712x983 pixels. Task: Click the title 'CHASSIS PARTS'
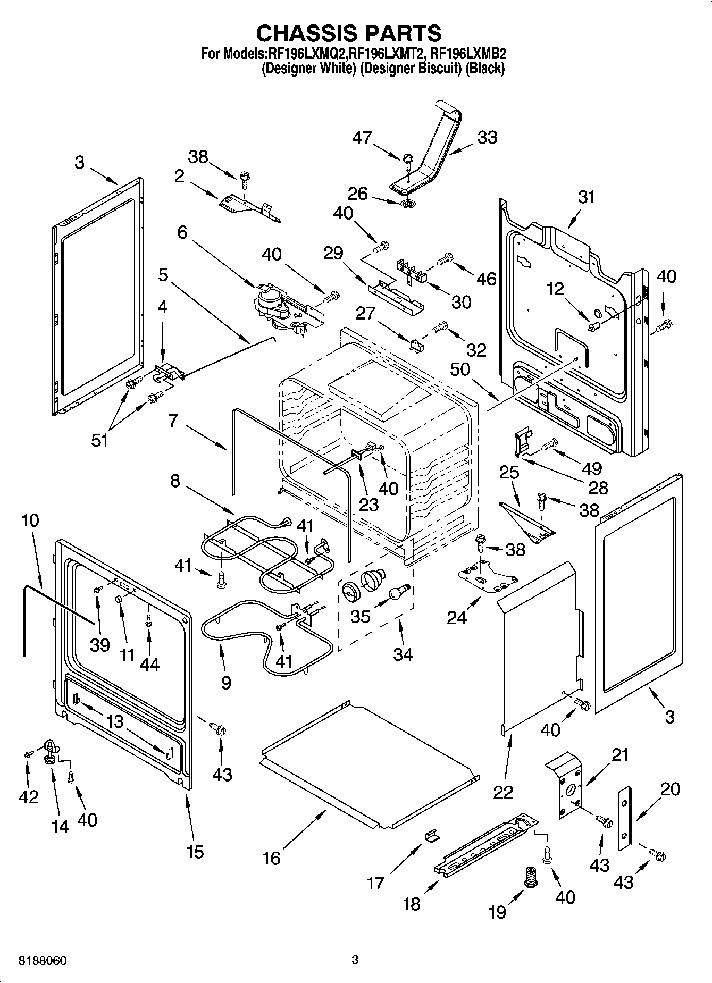pos(349,33)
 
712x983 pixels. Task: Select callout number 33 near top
pos(487,137)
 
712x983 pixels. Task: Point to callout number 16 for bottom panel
pos(271,858)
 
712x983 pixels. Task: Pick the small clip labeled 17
pos(432,837)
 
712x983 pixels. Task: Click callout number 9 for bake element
pos(225,682)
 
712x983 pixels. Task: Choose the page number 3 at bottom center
pos(355,960)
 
